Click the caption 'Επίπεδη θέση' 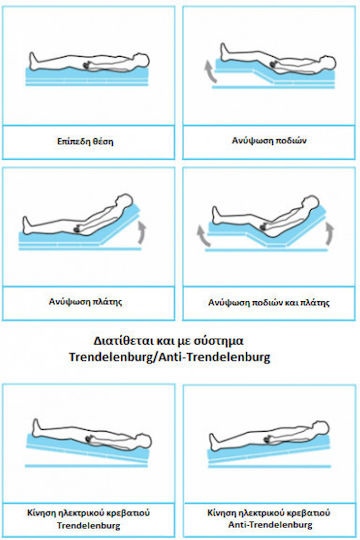[x=85, y=142]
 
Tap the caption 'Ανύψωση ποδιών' [x=269, y=141]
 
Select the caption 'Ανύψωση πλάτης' [x=85, y=302]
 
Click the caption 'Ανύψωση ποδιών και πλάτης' [x=269, y=303]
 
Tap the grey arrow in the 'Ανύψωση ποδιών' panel [x=211, y=72]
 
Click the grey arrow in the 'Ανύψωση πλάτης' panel [x=142, y=231]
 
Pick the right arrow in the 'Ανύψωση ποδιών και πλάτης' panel [x=330, y=233]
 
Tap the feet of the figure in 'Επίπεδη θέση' [x=33, y=61]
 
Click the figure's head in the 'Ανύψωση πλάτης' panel [x=124, y=201]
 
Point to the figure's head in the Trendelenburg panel [x=144, y=440]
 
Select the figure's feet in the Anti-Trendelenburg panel [x=214, y=442]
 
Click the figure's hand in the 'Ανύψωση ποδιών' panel [x=275, y=64]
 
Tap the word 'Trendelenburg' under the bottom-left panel [x=89, y=526]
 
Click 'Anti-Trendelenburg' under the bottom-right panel [x=270, y=525]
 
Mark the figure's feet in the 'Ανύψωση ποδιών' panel [x=224, y=51]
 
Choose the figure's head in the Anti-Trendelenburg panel [x=322, y=428]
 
